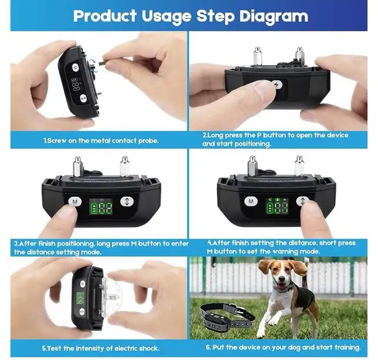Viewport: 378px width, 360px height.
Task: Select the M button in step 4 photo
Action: tap(252, 202)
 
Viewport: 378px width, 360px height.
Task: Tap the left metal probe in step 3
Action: tap(77, 165)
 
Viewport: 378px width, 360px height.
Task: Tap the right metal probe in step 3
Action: tap(124, 166)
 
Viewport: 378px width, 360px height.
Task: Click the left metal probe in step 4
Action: tap(253, 165)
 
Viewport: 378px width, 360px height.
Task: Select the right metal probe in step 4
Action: tap(299, 166)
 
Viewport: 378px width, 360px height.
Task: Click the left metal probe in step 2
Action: tap(258, 56)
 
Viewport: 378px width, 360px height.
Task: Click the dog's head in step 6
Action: tap(275, 272)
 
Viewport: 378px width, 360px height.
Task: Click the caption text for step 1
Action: tap(100, 141)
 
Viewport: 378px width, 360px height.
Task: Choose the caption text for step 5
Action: tap(100, 348)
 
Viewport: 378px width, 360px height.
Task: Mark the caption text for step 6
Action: tap(278, 348)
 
